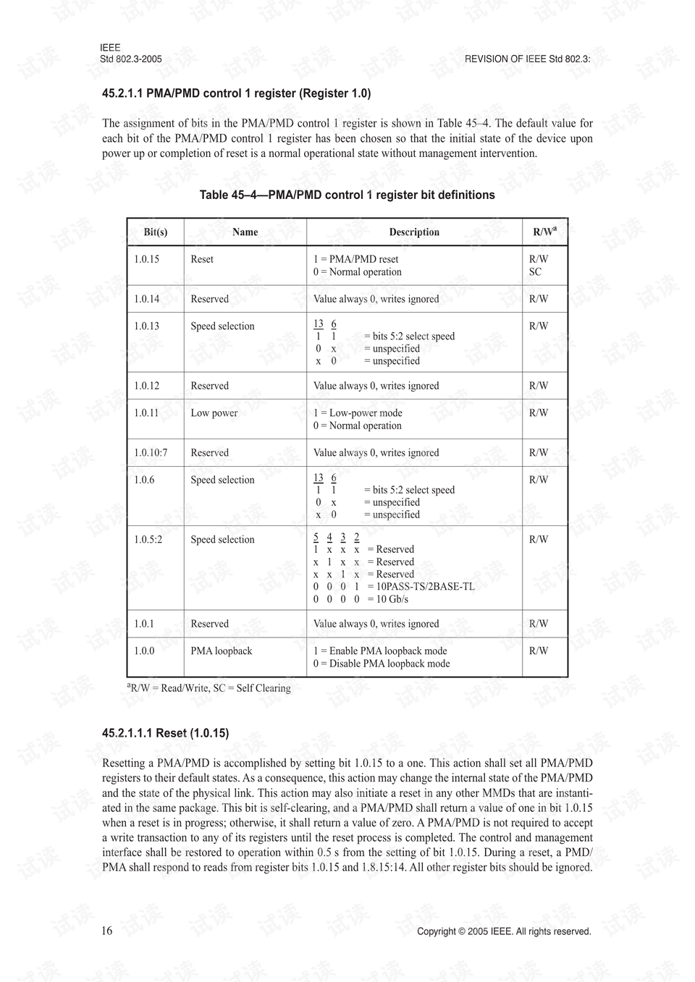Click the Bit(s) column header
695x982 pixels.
(x=155, y=232)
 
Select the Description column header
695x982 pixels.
(x=414, y=232)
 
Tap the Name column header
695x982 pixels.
(x=245, y=232)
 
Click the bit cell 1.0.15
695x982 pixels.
(x=146, y=259)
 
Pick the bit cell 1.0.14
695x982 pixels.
(x=146, y=299)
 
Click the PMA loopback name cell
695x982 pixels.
(x=222, y=651)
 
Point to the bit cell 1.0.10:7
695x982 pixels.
(x=151, y=453)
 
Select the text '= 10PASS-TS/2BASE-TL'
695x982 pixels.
(x=421, y=587)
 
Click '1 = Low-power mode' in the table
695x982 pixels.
(x=358, y=413)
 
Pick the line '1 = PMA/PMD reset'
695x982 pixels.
(x=355, y=259)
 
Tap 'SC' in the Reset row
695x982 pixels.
(x=535, y=272)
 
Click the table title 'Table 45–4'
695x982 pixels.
(x=347, y=195)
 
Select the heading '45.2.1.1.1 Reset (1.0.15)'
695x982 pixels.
(x=166, y=733)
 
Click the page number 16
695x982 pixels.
(x=107, y=931)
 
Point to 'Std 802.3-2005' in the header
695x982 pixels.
(x=131, y=59)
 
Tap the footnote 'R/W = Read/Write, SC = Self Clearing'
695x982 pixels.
(x=209, y=688)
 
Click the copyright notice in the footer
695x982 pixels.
(x=504, y=932)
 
